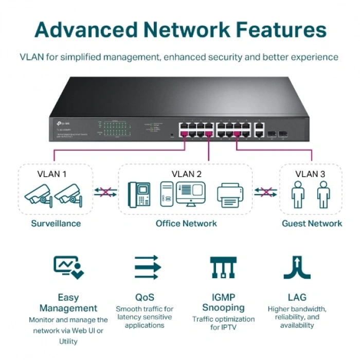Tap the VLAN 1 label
[52, 174]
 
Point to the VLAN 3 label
[310, 174]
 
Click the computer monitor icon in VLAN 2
[190, 194]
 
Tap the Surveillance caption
[56, 223]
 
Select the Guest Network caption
[312, 223]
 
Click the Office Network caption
[186, 223]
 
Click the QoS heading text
[145, 297]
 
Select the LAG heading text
[297, 297]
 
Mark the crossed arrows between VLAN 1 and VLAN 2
[105, 192]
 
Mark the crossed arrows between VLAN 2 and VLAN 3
[265, 192]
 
